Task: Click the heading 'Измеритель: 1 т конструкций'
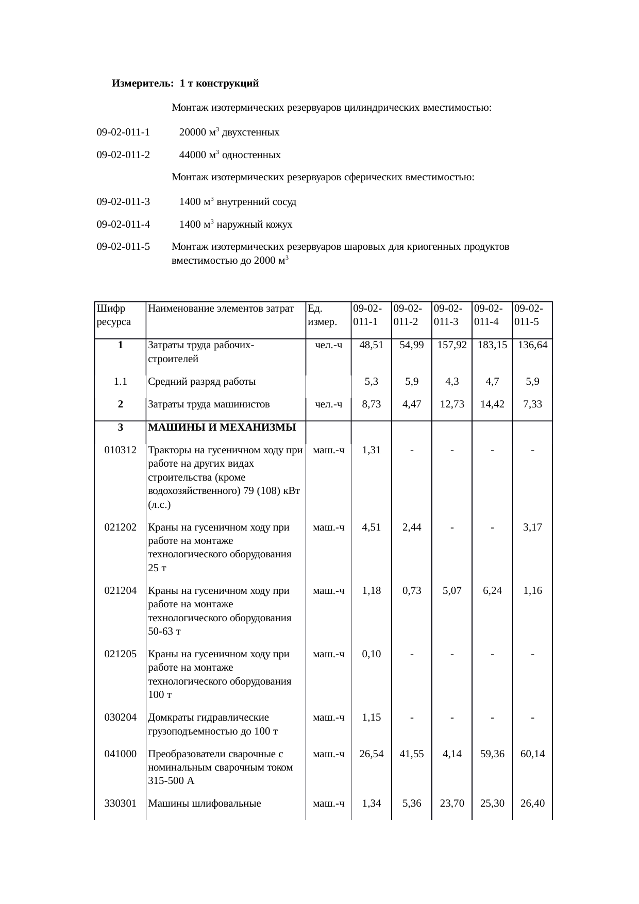coord(185,83)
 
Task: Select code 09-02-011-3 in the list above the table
coord(123,201)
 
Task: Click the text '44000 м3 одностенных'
coord(230,155)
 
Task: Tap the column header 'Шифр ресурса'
coord(113,315)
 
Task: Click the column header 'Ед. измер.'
coord(322,315)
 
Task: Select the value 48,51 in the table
coord(371,345)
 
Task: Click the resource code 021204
coord(120,591)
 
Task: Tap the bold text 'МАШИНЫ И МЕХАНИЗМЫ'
coord(222,427)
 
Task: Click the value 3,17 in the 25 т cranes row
coord(532,527)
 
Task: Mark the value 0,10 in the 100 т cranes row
coord(371,654)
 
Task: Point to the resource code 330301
coord(120,803)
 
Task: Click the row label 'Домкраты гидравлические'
coord(208,718)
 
